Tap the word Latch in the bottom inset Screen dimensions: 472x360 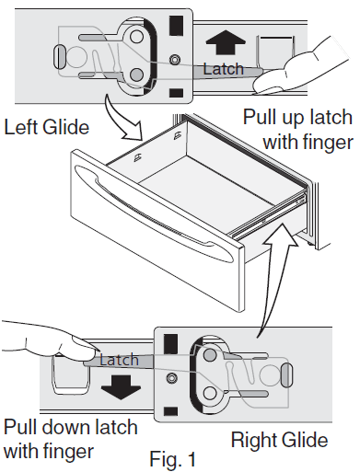pyautogui.click(x=118, y=360)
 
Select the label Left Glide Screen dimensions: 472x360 pyautogui.click(x=46, y=127)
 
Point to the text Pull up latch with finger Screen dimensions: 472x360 pyautogui.click(x=294, y=130)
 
